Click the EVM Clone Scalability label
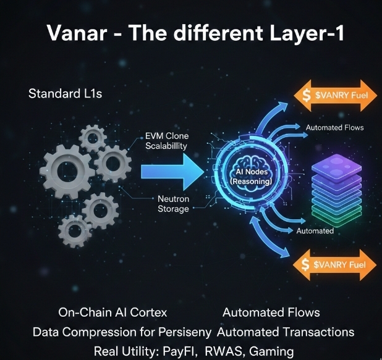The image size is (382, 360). point(166,140)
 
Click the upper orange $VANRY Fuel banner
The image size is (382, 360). point(333,95)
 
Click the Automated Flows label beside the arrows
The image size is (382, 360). point(334,128)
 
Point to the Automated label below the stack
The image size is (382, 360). point(315,231)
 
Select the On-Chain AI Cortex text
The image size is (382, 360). point(112,312)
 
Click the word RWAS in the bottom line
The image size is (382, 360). point(225,351)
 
